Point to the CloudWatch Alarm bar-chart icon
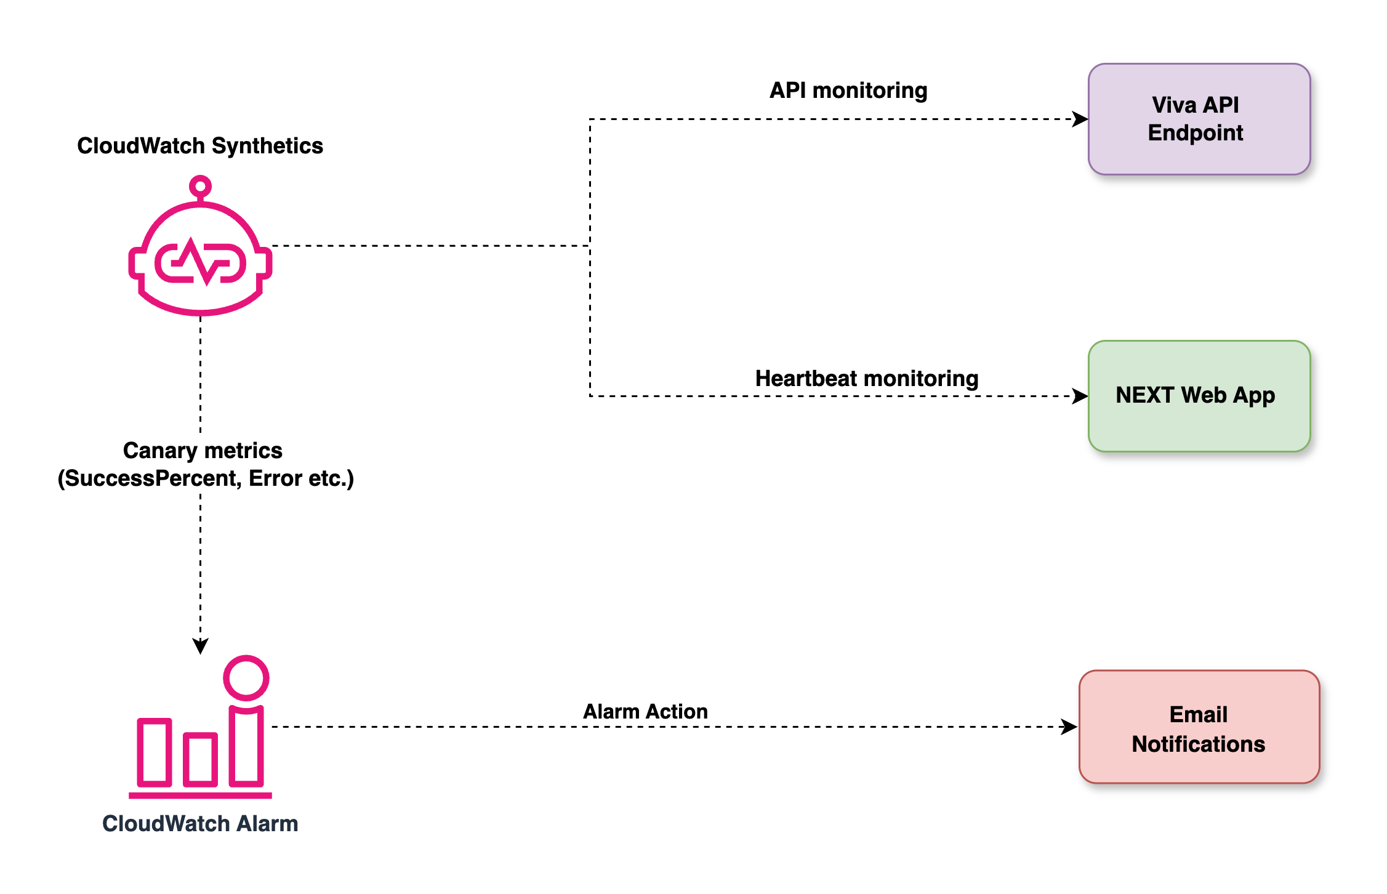click(200, 739)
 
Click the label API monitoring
click(848, 91)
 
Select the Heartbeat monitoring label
click(866, 378)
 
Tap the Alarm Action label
click(645, 711)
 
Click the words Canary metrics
click(203, 451)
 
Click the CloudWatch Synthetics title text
click(200, 146)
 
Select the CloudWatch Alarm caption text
click(200, 823)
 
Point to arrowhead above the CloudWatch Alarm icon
click(200, 646)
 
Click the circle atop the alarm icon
click(246, 678)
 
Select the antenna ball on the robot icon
click(200, 186)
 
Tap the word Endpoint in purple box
click(1195, 133)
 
